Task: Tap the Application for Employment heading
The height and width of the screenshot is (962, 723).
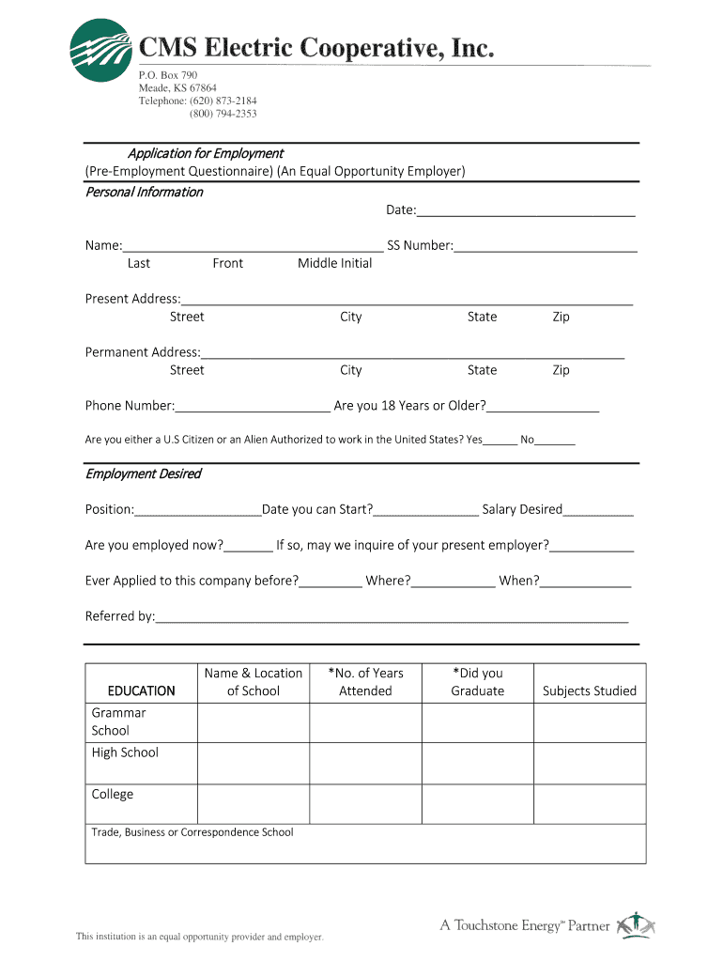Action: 205,153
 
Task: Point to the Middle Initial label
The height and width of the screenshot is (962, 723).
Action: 334,264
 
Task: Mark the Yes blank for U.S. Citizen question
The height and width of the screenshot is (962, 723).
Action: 500,442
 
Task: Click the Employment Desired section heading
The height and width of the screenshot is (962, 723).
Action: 143,474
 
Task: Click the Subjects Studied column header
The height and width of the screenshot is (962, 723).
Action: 590,691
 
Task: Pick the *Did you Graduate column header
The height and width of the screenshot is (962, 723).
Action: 477,682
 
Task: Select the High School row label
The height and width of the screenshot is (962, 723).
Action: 125,753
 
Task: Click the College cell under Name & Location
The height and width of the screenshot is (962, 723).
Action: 254,804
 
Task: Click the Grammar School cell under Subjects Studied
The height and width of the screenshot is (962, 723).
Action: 590,721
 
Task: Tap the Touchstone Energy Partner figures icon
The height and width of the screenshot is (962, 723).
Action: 634,924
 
